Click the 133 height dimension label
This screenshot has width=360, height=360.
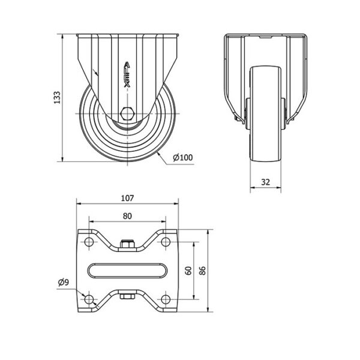[57, 98]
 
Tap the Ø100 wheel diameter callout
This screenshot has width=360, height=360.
[183, 157]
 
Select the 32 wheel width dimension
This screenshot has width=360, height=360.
[265, 182]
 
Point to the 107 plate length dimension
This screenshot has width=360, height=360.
[127, 198]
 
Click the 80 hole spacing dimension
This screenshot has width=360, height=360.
[127, 216]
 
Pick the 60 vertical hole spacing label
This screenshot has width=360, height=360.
[188, 271]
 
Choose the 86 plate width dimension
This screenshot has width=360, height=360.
[202, 271]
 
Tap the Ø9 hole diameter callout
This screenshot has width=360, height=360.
[64, 282]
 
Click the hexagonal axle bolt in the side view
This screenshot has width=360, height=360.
[127, 113]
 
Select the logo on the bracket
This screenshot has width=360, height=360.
[127, 74]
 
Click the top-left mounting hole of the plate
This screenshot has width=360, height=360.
[89, 242]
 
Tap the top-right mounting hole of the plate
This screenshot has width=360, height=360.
[166, 242]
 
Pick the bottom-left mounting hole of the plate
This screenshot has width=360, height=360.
[89, 299]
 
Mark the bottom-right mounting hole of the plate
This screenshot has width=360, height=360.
[166, 299]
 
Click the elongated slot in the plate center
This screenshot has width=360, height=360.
[127, 271]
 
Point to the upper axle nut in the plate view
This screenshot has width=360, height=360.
[127, 244]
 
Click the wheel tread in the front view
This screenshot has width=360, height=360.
[266, 114]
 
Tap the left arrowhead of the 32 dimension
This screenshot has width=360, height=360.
[253, 188]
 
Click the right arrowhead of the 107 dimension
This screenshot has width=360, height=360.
[176, 203]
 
